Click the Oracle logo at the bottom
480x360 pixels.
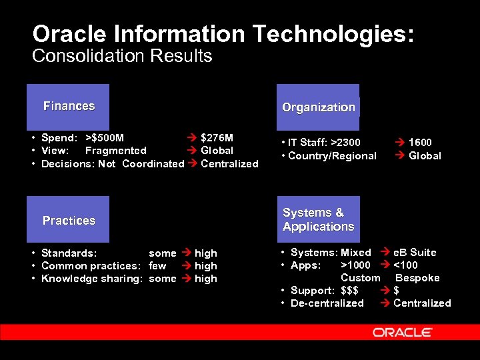403,332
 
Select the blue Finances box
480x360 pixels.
69,107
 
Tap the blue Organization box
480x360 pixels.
318,107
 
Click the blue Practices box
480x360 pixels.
69,220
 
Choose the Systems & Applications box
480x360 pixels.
318,219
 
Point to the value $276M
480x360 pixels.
217,138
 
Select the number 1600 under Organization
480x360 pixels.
420,142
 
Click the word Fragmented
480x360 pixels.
115,151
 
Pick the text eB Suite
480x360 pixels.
415,253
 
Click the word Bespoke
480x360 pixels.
417,278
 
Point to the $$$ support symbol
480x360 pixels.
349,291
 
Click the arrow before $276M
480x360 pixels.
191,138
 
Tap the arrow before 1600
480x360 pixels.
399,142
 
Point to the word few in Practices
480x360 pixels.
157,266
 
